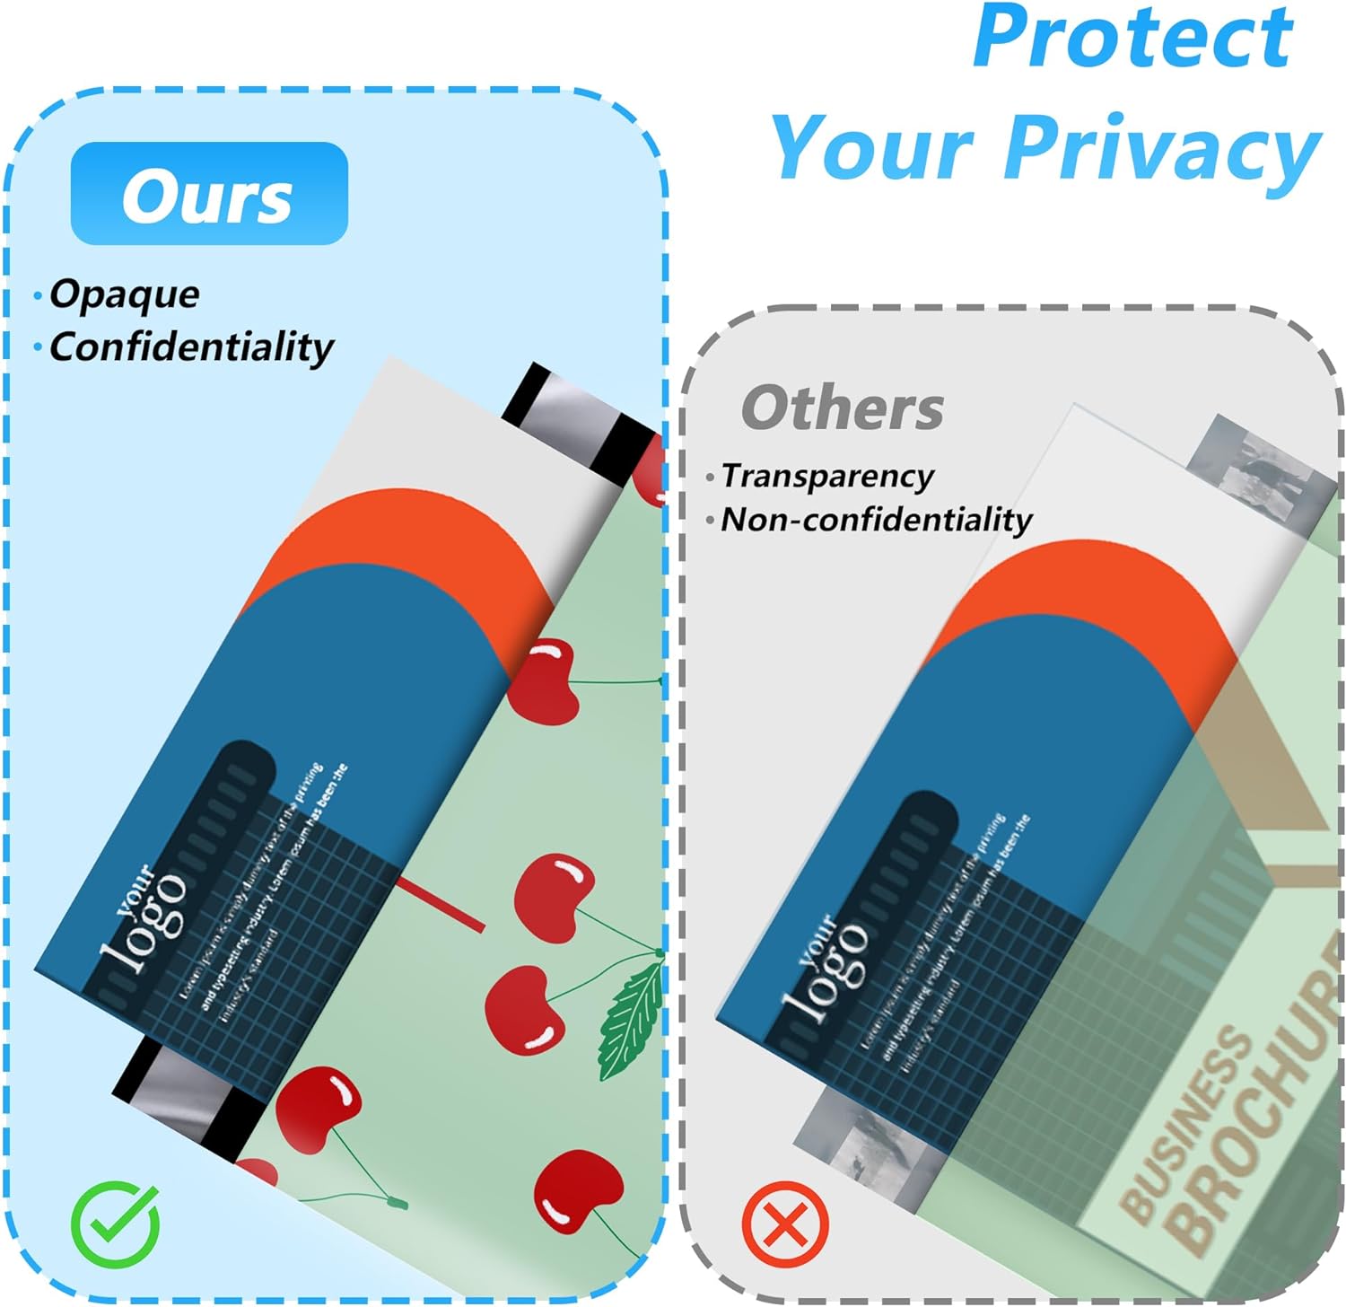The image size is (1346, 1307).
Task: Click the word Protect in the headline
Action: [1132, 38]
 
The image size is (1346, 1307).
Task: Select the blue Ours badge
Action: [209, 194]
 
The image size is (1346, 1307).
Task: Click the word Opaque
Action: [124, 294]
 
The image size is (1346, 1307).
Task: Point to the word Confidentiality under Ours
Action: [191, 347]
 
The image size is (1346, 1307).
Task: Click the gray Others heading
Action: [842, 408]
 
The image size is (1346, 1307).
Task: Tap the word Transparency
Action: [827, 476]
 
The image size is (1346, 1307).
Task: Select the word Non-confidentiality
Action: [877, 520]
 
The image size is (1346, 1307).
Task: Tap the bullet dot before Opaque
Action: [38, 295]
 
